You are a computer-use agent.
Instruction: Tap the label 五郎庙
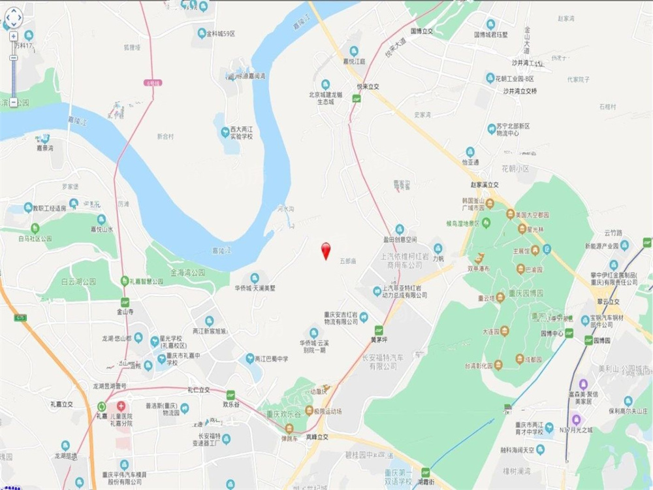[x=348, y=261]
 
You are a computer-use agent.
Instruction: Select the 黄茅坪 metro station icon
[x=379, y=330]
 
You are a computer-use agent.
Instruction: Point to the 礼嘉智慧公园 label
[x=146, y=281]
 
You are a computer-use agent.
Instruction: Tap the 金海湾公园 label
[x=187, y=271]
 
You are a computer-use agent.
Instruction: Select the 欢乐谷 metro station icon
[x=230, y=395]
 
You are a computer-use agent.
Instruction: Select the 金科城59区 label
[x=220, y=33]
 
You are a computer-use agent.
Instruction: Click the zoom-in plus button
[x=13, y=37]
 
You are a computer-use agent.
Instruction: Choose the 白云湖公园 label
[x=78, y=282]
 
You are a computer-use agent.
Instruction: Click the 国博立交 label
[x=422, y=31]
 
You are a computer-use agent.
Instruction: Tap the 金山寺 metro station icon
[x=124, y=302]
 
